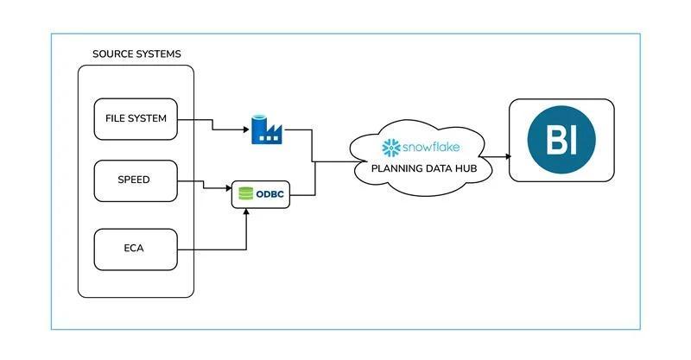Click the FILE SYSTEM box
click(136, 118)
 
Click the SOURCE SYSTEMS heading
click(136, 54)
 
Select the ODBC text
click(271, 195)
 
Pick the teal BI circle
click(561, 140)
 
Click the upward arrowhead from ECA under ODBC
click(247, 212)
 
